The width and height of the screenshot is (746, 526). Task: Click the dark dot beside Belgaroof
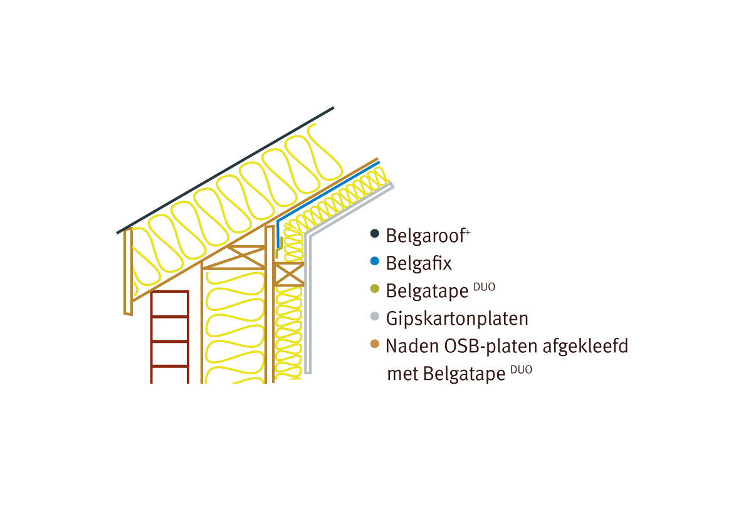pos(375,233)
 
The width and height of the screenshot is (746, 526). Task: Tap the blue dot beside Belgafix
pos(375,261)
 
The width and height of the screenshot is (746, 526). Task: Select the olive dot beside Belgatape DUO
pos(375,288)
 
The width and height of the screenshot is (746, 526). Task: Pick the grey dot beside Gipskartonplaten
pos(375,316)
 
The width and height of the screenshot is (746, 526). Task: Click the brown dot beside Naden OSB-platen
pos(375,344)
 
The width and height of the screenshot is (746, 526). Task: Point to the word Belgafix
pos(419,263)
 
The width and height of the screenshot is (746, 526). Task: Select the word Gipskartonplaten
pos(457,318)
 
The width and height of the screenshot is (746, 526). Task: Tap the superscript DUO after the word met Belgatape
pos(522,369)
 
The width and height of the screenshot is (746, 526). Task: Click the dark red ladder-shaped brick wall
pos(170,337)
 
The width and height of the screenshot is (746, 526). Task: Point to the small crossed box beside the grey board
pos(289,275)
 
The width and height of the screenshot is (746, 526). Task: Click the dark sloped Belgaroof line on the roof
pos(225,171)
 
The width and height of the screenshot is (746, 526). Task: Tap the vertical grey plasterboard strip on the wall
pos(308,304)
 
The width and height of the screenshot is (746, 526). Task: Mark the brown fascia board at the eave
pos(128,271)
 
